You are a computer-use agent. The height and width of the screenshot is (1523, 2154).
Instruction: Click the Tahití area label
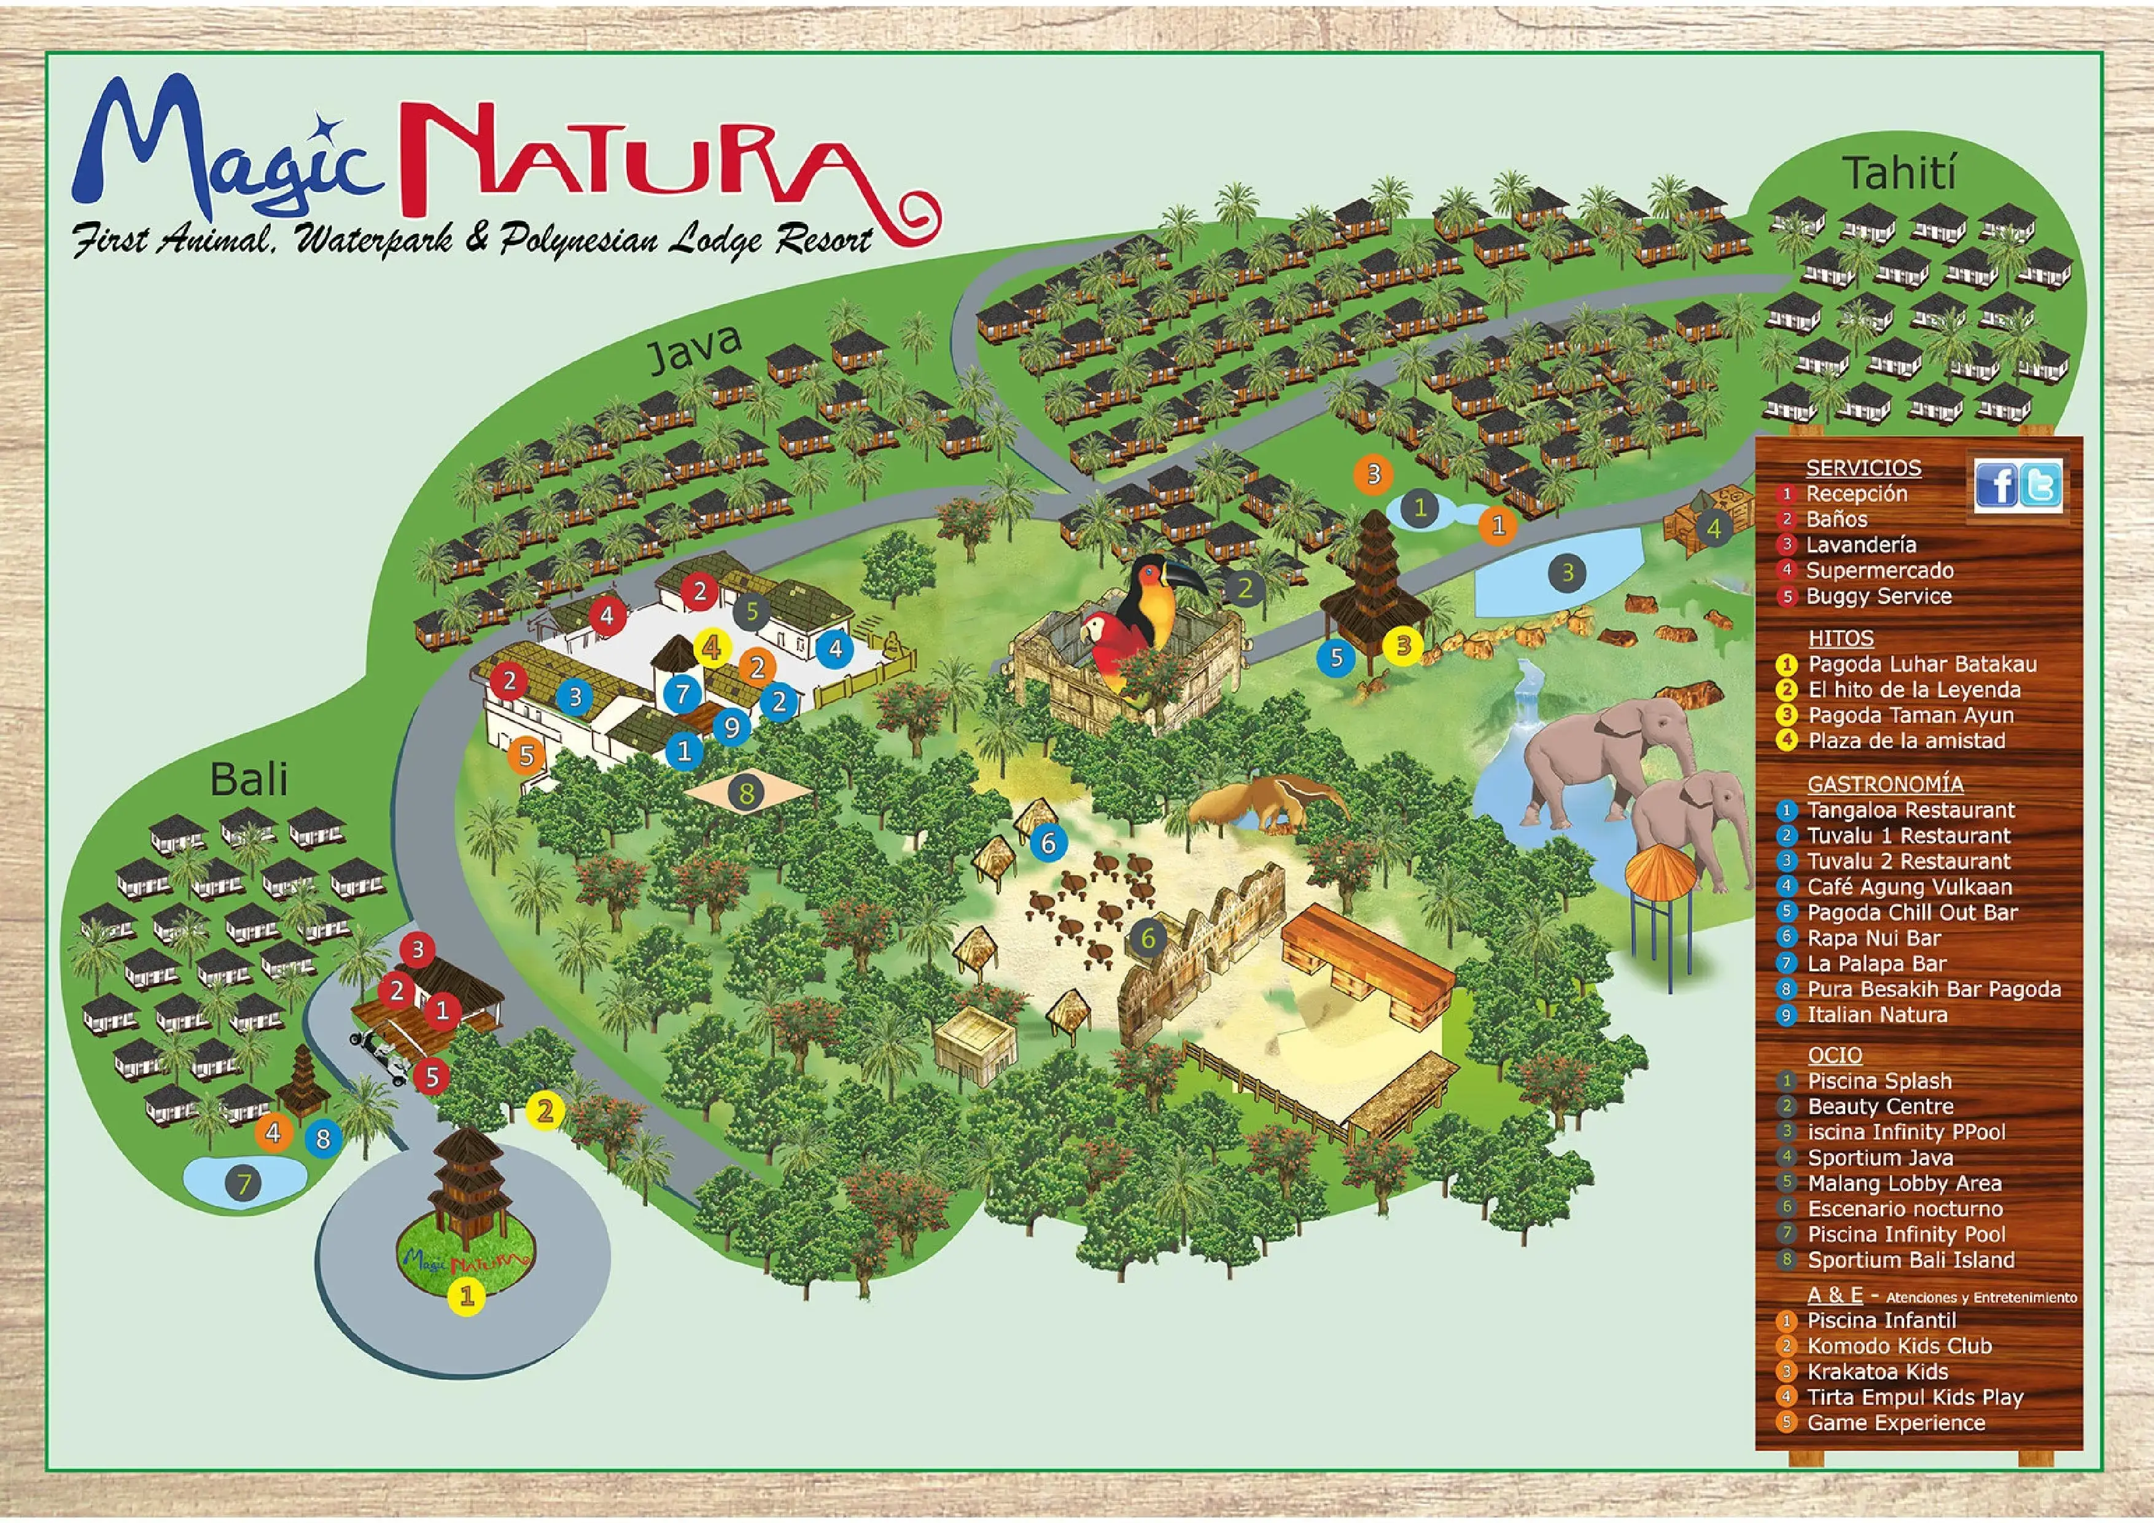click(x=1900, y=174)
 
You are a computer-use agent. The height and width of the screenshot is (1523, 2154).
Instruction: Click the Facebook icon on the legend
click(x=1996, y=486)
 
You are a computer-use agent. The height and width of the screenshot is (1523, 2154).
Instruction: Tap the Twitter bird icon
click(x=2040, y=486)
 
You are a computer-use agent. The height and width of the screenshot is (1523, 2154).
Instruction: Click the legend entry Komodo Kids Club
click(x=1899, y=1345)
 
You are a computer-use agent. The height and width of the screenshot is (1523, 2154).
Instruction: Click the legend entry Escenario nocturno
click(x=1905, y=1208)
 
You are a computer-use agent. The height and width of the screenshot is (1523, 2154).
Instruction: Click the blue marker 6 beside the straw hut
click(x=1048, y=843)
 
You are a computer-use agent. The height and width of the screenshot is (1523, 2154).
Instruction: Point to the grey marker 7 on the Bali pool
click(x=244, y=1183)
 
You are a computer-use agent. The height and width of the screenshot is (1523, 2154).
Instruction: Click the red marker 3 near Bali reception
click(x=418, y=950)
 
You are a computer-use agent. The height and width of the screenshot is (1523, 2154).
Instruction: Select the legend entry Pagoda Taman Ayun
click(x=1910, y=715)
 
